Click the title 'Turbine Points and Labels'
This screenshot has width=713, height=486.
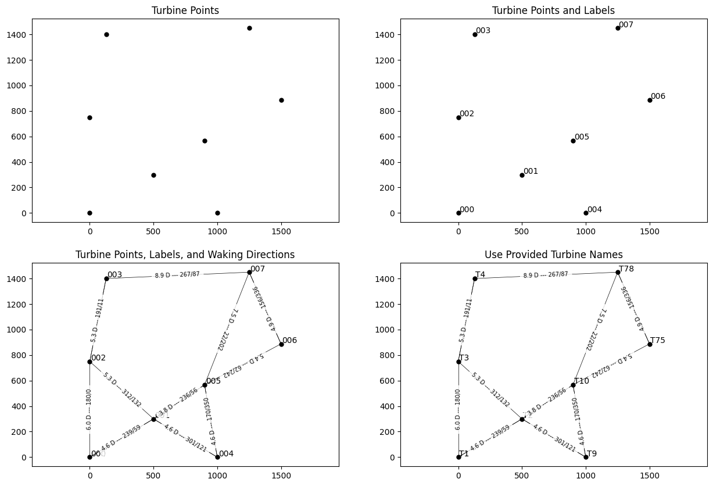click(x=553, y=10)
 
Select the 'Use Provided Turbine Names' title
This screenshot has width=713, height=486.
click(x=553, y=255)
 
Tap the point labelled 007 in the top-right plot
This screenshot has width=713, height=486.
click(x=618, y=28)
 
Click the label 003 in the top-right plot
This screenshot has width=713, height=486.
click(x=483, y=30)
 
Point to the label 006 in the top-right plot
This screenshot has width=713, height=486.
click(x=658, y=97)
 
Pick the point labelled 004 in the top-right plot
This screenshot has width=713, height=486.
click(x=586, y=213)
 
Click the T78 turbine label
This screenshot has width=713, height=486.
click(x=626, y=269)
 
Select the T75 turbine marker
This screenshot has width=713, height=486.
click(x=650, y=344)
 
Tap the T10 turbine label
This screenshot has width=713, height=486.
click(x=582, y=381)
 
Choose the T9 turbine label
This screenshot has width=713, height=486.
click(x=592, y=453)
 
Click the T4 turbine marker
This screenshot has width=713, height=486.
click(x=475, y=278)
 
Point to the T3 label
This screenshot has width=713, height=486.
click(x=464, y=358)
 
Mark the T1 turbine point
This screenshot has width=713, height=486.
click(x=458, y=457)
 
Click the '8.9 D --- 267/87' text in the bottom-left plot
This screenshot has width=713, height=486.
click(x=177, y=275)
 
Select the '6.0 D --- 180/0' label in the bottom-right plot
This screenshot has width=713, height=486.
click(x=458, y=410)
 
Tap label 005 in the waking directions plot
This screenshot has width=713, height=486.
click(x=213, y=381)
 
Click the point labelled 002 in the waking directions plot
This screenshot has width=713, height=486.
click(x=89, y=362)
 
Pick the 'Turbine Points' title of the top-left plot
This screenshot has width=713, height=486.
click(x=185, y=10)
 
